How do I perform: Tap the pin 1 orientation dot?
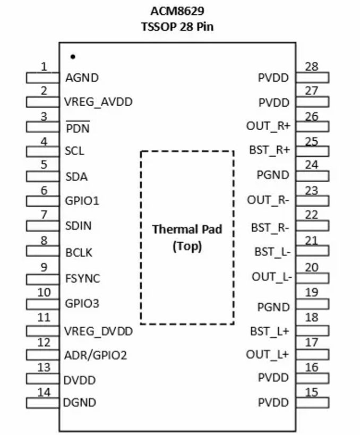(x=73, y=56)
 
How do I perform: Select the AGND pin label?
(x=82, y=78)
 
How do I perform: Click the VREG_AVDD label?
(x=98, y=101)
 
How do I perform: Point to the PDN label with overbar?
(x=78, y=129)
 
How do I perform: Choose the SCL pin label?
(x=74, y=151)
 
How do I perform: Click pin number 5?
(x=44, y=165)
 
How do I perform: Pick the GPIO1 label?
(x=82, y=201)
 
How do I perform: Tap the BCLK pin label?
(x=79, y=253)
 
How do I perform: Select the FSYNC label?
(x=82, y=278)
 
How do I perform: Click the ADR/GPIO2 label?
(x=96, y=355)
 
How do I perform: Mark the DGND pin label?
(x=80, y=403)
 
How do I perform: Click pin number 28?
(x=312, y=66)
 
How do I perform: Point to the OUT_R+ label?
(x=268, y=126)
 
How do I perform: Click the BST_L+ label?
(x=270, y=331)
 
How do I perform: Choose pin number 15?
(x=312, y=392)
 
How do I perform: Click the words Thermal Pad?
(x=187, y=229)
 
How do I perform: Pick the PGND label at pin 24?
(x=273, y=175)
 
